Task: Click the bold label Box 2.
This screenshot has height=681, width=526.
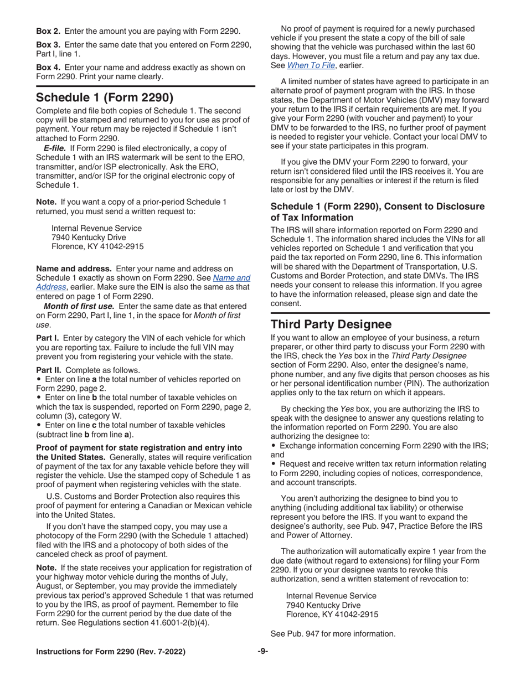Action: tap(48, 32)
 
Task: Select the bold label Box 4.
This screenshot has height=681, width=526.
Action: tap(48, 68)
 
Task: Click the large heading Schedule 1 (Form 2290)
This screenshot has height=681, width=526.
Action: tap(105, 98)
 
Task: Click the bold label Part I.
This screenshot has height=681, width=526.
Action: tap(46, 337)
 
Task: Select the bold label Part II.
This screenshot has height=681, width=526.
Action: tap(47, 369)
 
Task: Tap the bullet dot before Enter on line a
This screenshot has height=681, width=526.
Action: tap(38, 379)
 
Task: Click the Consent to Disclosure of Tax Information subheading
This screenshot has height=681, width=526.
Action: tap(377, 212)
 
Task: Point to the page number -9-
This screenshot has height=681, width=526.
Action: tap(262, 652)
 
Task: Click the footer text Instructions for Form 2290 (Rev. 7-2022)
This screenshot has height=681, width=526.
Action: tap(111, 652)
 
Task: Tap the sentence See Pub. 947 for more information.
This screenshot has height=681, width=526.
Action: tap(333, 633)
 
